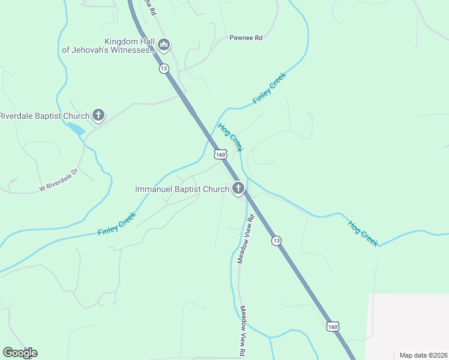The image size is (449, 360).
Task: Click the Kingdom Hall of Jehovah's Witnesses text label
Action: tap(108, 46)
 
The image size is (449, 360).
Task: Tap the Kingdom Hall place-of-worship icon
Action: tap(164, 44)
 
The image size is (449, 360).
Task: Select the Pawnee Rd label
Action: tap(246, 38)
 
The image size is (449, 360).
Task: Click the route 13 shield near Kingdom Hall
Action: tap(164, 68)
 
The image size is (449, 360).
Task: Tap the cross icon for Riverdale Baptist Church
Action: tap(98, 115)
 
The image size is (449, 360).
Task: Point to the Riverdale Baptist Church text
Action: tap(44, 115)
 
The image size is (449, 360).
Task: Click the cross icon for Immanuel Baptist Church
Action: tap(238, 189)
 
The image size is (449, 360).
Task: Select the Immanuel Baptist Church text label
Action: tap(182, 189)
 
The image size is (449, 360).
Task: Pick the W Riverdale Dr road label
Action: tap(59, 180)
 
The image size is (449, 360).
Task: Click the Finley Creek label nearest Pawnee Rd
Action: tap(270, 88)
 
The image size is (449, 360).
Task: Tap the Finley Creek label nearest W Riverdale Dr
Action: tap(117, 223)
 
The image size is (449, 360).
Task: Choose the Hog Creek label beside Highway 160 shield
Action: tap(231, 137)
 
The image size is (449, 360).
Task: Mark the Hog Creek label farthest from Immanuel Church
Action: tap(363, 233)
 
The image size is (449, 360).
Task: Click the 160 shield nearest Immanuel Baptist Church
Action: tap(221, 154)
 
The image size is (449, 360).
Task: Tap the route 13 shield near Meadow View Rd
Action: tap(276, 240)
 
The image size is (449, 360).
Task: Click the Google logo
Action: tap(20, 353)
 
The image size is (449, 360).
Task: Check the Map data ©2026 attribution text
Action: tap(423, 355)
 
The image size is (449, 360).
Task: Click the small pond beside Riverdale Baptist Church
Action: tap(76, 128)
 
